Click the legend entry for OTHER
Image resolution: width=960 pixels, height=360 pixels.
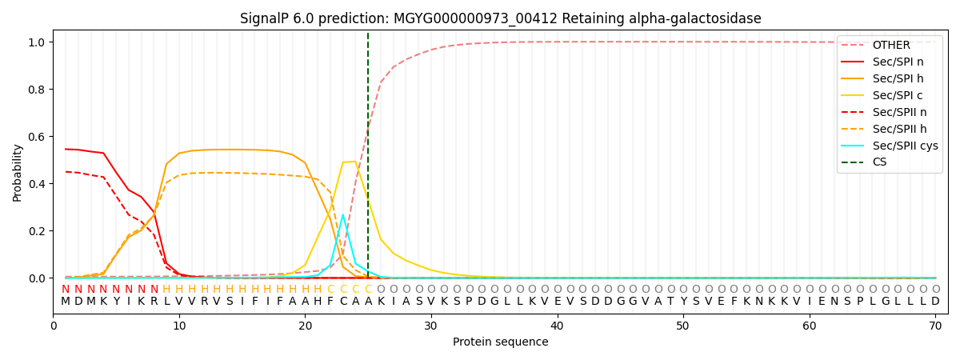(x=891, y=45)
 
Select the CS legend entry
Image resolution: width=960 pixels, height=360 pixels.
(x=879, y=162)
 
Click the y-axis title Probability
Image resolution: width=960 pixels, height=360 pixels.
(x=18, y=172)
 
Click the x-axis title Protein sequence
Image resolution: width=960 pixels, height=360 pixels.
(x=500, y=342)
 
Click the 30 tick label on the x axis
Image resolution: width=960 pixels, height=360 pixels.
(x=431, y=325)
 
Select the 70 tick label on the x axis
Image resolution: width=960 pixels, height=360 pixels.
(x=935, y=325)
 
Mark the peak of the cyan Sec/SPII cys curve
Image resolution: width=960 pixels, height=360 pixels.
(x=343, y=214)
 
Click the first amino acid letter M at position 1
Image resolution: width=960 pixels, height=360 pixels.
(x=66, y=302)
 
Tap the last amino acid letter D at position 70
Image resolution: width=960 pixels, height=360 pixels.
(x=935, y=302)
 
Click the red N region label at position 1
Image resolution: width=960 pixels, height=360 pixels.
(x=66, y=290)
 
